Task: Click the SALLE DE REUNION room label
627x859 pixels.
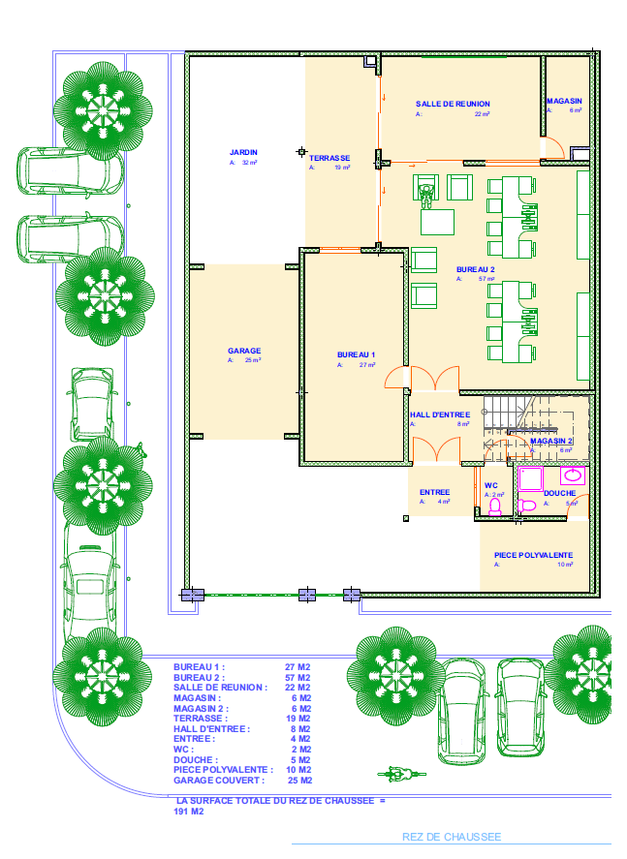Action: (x=453, y=104)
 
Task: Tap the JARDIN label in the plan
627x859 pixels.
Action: (x=243, y=153)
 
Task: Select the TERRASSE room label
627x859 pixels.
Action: (x=329, y=158)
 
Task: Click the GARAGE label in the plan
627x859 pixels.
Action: (x=244, y=351)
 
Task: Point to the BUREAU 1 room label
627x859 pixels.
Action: (x=356, y=355)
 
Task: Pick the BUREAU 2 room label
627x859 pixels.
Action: (x=476, y=269)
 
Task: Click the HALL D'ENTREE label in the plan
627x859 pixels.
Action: (x=440, y=414)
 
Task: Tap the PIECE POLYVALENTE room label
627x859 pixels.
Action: (x=533, y=555)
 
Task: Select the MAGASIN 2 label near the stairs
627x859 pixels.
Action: (x=551, y=441)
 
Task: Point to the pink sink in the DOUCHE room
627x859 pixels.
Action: (x=574, y=476)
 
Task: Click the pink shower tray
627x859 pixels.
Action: (x=531, y=478)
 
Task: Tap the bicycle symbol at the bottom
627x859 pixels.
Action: (x=398, y=774)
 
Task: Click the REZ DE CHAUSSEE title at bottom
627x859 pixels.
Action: (x=452, y=837)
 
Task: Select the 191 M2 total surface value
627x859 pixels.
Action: (x=188, y=812)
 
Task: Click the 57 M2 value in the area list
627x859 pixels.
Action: (x=298, y=678)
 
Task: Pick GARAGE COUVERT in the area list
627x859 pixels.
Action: (x=218, y=780)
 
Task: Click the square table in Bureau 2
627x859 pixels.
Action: (x=437, y=222)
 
